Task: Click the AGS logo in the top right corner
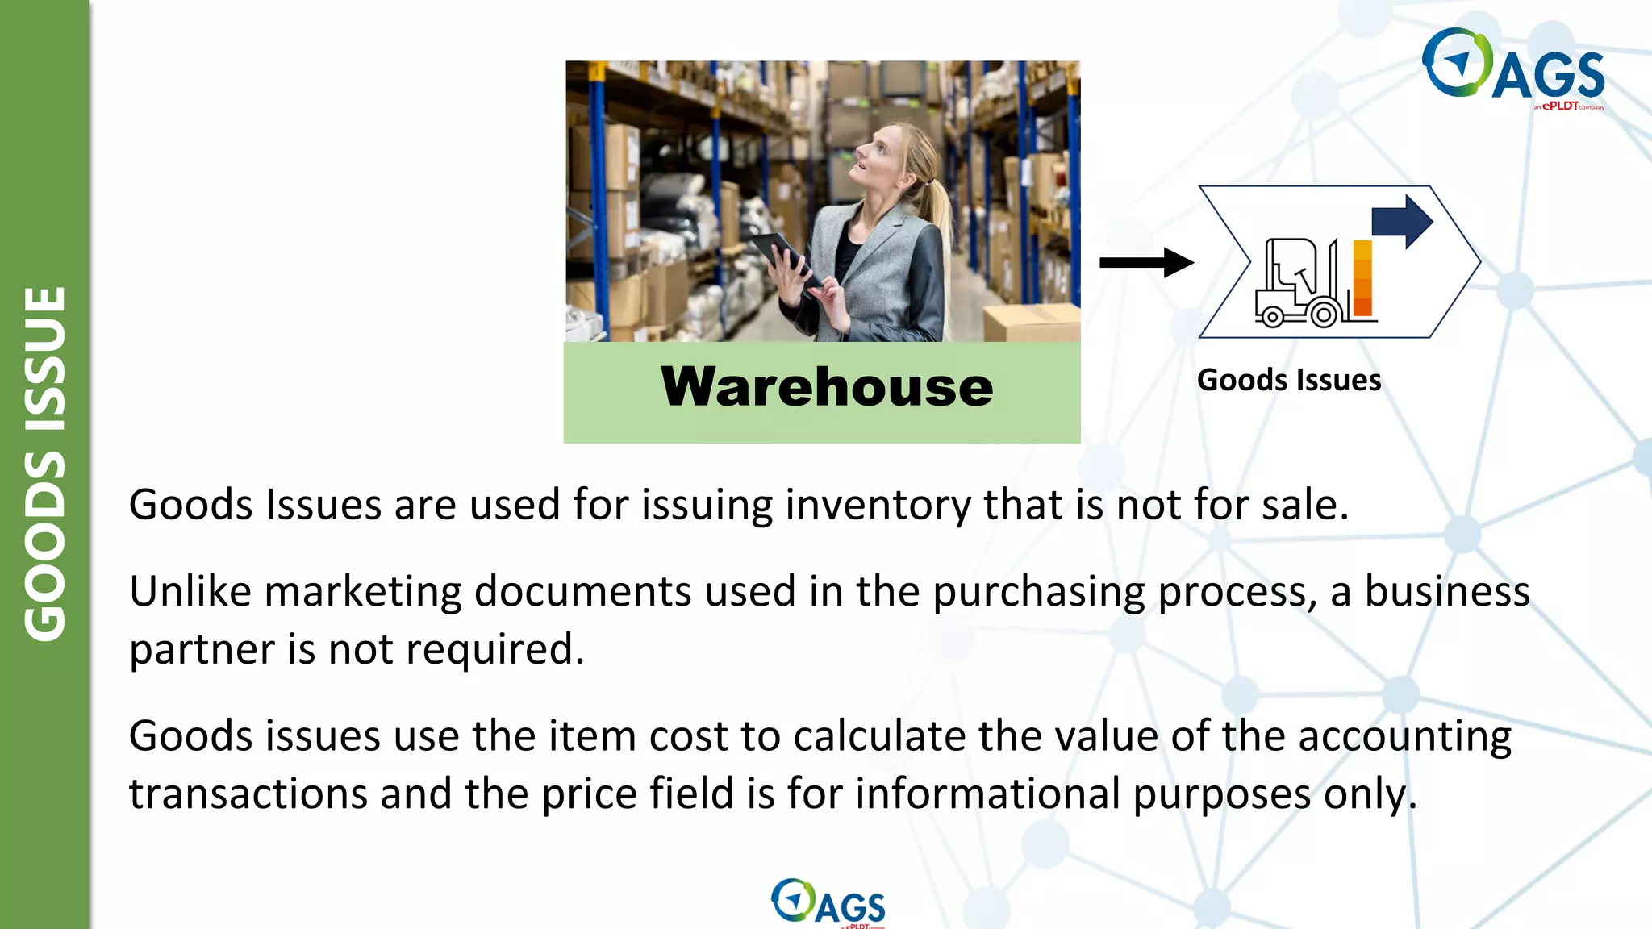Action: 1513,68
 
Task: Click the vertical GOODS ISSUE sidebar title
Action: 44,464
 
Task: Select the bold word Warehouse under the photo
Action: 826,387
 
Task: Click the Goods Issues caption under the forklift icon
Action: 1288,380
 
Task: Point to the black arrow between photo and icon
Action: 1146,262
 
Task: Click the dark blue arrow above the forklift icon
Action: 1402,220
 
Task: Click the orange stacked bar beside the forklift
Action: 1362,278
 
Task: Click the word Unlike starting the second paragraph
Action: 190,591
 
